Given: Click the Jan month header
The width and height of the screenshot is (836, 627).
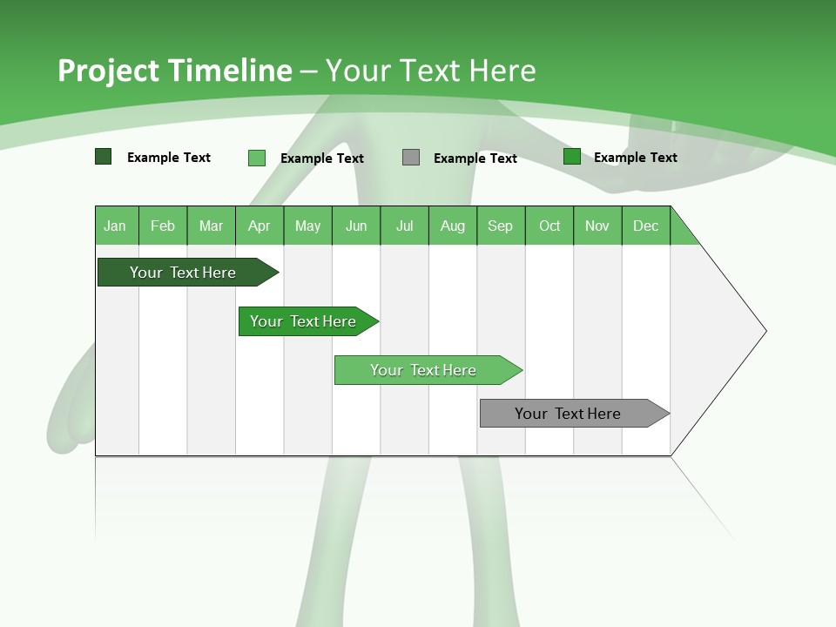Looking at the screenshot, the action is pyautogui.click(x=116, y=226).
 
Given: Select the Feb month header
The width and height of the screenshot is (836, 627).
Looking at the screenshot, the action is pyautogui.click(x=163, y=226).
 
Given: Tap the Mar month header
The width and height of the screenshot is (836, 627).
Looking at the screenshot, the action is pyautogui.click(x=211, y=226).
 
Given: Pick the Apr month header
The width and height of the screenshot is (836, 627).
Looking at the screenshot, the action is pyautogui.click(x=260, y=226).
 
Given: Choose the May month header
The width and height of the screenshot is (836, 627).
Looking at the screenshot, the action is pyautogui.click(x=307, y=226).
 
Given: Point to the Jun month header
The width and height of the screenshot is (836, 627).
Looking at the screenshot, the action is pyautogui.click(x=356, y=226).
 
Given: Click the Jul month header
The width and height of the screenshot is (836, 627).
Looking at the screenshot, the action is pyautogui.click(x=404, y=226).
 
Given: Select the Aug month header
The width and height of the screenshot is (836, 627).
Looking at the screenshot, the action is pyautogui.click(x=453, y=226).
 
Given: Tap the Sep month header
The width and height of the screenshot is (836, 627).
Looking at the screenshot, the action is pyautogui.click(x=501, y=226).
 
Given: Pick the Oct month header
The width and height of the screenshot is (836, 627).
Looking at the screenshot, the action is pyautogui.click(x=549, y=226).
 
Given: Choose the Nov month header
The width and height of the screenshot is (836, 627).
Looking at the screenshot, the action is pyautogui.click(x=597, y=226).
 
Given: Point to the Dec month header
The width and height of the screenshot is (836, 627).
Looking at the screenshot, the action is pyautogui.click(x=646, y=226).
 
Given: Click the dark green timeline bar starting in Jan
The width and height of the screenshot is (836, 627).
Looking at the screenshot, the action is pyautogui.click(x=183, y=273).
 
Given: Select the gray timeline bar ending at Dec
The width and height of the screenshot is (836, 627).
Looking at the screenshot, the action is pyautogui.click(x=569, y=414).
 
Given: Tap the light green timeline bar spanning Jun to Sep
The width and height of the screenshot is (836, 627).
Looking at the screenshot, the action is pyautogui.click(x=424, y=370).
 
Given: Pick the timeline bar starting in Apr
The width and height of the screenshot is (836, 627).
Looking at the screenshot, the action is pyautogui.click(x=303, y=321).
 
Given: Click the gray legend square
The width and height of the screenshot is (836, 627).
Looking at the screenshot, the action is pyautogui.click(x=411, y=158).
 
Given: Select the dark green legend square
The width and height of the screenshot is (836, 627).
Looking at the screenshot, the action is pyautogui.click(x=104, y=157).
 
